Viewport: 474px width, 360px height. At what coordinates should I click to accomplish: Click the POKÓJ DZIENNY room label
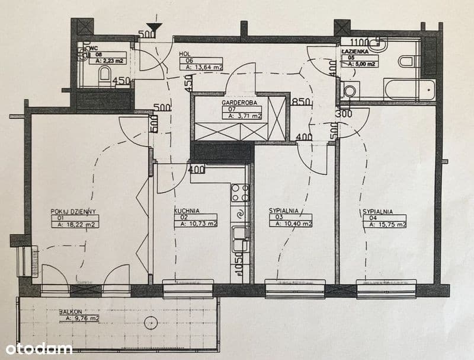[73, 211]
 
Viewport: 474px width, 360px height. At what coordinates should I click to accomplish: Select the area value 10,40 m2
[290, 224]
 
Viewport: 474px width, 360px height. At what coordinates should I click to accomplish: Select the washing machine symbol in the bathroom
[351, 91]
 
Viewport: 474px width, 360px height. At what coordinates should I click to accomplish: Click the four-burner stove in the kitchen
[240, 193]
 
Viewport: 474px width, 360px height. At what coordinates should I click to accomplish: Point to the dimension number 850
[301, 102]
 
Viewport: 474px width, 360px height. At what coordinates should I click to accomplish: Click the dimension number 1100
[359, 42]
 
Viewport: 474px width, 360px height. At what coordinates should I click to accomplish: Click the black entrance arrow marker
[155, 27]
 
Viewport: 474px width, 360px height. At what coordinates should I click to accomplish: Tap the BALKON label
[70, 311]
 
